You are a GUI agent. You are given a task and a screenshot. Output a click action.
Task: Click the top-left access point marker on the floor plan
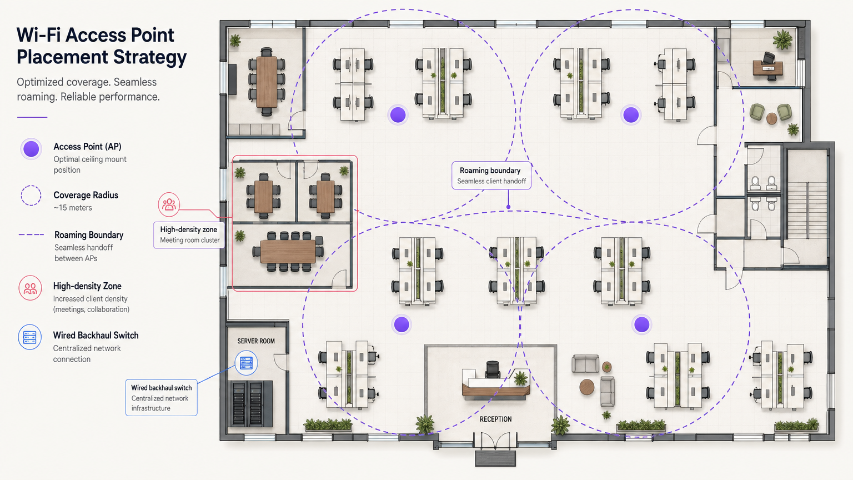(x=398, y=115)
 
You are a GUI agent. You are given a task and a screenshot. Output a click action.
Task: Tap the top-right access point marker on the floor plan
(x=631, y=115)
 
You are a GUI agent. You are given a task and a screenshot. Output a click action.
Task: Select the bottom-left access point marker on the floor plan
(x=402, y=324)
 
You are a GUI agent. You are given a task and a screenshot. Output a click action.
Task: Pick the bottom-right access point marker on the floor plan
(x=642, y=324)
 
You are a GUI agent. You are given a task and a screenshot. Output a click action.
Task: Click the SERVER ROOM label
(x=256, y=341)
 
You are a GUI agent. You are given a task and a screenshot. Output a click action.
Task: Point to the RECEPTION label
(x=495, y=419)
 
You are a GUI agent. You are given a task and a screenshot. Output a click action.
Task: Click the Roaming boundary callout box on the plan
(x=491, y=176)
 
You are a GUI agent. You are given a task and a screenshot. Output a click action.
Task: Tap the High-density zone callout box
(x=189, y=234)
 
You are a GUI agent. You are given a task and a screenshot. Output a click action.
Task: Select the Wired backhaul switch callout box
(x=161, y=398)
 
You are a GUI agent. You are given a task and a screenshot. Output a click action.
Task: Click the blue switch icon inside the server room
(x=246, y=363)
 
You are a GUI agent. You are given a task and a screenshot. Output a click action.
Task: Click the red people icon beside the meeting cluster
(x=169, y=204)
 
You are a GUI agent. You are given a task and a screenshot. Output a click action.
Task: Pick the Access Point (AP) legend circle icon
(x=31, y=149)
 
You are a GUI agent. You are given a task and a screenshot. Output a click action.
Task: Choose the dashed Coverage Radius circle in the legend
(x=31, y=196)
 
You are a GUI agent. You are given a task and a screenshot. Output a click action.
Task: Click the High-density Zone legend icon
(x=30, y=288)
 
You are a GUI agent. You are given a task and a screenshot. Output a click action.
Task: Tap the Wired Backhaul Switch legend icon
(x=30, y=337)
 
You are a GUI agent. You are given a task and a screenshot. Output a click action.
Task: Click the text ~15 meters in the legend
(x=73, y=208)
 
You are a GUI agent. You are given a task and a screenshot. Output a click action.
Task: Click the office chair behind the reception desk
(x=493, y=369)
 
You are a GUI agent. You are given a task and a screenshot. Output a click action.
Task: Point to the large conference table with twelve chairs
(x=288, y=251)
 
